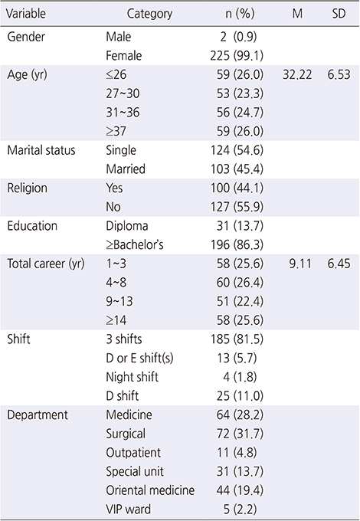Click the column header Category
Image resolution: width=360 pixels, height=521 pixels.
pyautogui.click(x=149, y=14)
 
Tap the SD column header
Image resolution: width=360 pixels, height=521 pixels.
pyautogui.click(x=339, y=14)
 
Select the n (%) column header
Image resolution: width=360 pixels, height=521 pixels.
pyautogui.click(x=240, y=14)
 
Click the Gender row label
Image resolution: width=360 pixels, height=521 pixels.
pyautogui.click(x=26, y=37)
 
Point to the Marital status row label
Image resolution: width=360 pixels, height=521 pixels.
pyautogui.click(x=41, y=150)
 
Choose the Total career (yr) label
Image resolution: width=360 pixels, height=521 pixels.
pyautogui.click(x=46, y=264)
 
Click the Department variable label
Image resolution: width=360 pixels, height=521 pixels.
pyautogui.click(x=38, y=415)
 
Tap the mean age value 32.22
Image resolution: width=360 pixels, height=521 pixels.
pyautogui.click(x=297, y=74)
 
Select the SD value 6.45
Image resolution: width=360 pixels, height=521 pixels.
pyautogui.click(x=339, y=264)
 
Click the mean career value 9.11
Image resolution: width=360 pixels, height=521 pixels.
pyautogui.click(x=300, y=264)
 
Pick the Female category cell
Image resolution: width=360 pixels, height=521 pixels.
pyautogui.click(x=124, y=55)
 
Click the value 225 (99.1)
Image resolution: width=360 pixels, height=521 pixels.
pyautogui.click(x=237, y=55)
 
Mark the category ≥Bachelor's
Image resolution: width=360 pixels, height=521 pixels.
pyautogui.click(x=135, y=245)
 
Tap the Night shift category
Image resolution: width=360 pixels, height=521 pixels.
pyautogui.click(x=133, y=377)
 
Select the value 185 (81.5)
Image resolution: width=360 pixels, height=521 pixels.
pyautogui.click(x=237, y=339)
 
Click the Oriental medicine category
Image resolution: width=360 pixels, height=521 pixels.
pyautogui.click(x=150, y=490)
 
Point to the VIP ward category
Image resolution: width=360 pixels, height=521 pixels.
pyautogui.click(x=128, y=510)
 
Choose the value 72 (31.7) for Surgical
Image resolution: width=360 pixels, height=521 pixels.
pyautogui.click(x=240, y=434)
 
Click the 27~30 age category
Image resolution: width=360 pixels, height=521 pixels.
pyautogui.click(x=123, y=93)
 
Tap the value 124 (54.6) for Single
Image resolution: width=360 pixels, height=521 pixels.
pyautogui.click(x=237, y=150)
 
